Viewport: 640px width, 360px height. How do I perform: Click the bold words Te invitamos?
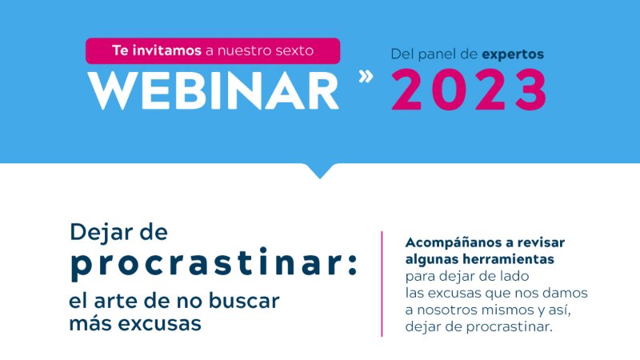(x=157, y=50)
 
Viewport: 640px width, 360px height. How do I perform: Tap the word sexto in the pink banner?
(x=294, y=50)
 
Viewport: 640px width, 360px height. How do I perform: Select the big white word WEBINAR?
(x=214, y=90)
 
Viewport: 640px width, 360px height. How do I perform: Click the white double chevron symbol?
(x=366, y=76)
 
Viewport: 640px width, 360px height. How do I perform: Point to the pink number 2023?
(x=469, y=90)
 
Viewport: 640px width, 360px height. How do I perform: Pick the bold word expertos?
(x=513, y=54)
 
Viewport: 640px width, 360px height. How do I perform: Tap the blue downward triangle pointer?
(x=320, y=170)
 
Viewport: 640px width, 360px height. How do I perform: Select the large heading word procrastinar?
(x=204, y=264)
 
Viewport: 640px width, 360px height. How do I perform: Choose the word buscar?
(x=244, y=301)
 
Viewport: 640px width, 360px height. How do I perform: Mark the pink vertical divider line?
(x=382, y=284)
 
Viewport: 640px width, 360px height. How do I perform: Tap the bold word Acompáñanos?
(x=453, y=243)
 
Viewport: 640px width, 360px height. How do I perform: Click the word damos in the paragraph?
(x=566, y=293)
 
